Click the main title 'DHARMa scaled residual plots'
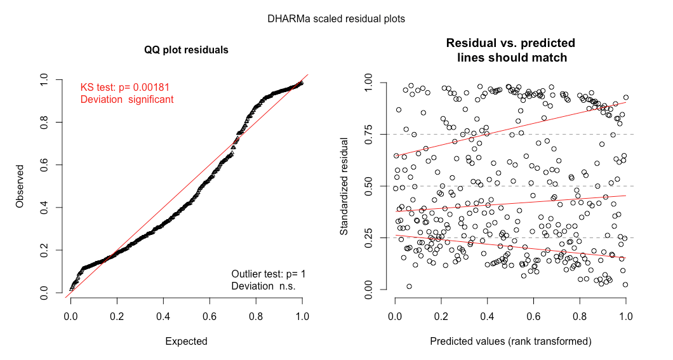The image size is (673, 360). tap(336, 19)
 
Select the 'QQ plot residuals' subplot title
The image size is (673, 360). tap(186, 50)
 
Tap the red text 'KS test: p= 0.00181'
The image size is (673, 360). tap(124, 87)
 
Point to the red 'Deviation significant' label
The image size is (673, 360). tap(126, 100)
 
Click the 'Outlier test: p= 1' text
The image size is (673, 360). tap(268, 274)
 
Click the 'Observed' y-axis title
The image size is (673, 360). tap(20, 187)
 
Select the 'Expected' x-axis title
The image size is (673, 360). tap(186, 341)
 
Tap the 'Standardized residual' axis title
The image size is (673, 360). tap(344, 187)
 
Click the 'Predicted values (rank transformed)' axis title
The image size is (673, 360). tap(510, 341)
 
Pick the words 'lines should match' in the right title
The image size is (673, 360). tap(510, 57)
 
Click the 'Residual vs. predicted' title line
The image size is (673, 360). tap(510, 43)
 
